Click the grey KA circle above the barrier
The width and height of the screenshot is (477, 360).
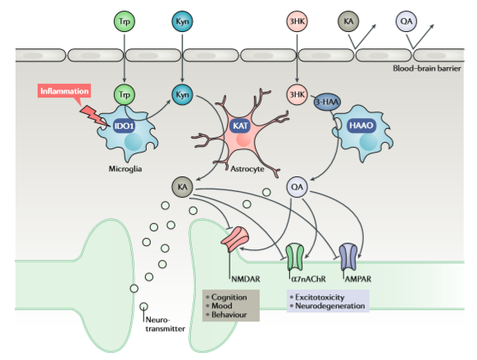[348, 20]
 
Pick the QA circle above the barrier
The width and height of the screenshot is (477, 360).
[406, 20]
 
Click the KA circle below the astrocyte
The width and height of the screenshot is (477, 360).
[182, 187]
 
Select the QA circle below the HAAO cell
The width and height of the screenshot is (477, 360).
[297, 187]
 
